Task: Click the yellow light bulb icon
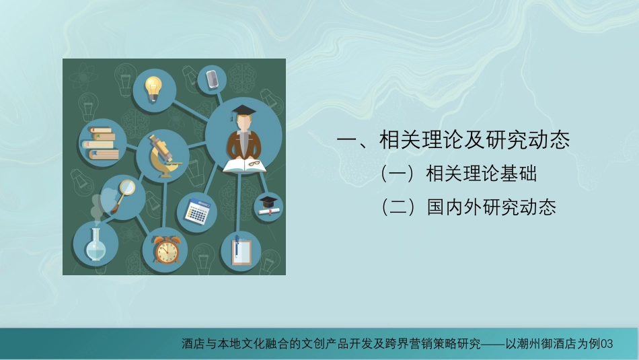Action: pyautogui.click(x=153, y=89)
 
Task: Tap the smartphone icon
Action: pyautogui.click(x=212, y=79)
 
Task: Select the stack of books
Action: pyautogui.click(x=101, y=143)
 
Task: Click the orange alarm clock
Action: pyautogui.click(x=166, y=250)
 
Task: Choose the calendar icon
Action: pyautogui.click(x=197, y=211)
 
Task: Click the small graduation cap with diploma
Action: pyautogui.click(x=268, y=206)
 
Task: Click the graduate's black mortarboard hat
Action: pyautogui.click(x=242, y=111)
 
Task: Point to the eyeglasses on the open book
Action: pyautogui.click(x=254, y=164)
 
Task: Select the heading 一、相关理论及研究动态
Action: pyautogui.click(x=453, y=139)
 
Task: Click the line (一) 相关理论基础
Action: pyautogui.click(x=458, y=174)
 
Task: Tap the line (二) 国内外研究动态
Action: pyautogui.click(x=468, y=207)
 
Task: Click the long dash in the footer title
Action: pyautogui.click(x=493, y=344)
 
